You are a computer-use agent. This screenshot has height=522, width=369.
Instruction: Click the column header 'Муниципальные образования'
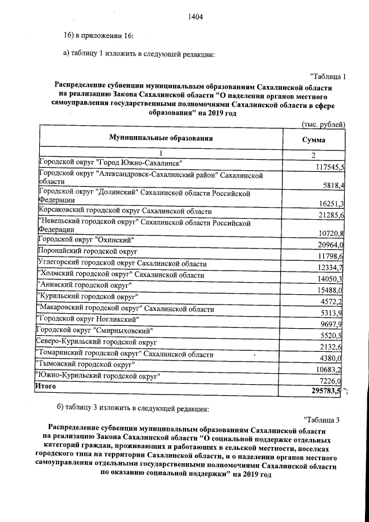161,138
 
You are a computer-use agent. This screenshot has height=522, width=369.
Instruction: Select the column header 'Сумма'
314,140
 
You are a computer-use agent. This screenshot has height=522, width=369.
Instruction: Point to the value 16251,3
332,204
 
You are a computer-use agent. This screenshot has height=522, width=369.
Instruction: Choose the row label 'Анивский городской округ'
84,286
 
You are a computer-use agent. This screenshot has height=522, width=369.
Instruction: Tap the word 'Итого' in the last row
46,386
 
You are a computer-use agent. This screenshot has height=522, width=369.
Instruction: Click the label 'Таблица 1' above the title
327,77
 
